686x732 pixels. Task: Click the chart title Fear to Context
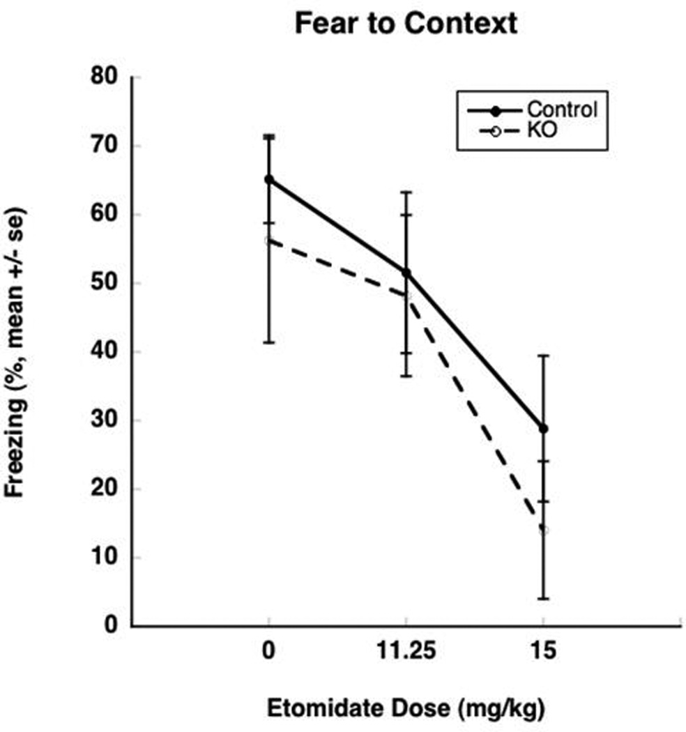coord(406,24)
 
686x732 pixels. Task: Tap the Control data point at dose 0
coord(269,179)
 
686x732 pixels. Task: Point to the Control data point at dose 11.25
coord(406,273)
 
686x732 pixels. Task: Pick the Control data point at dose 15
coord(544,428)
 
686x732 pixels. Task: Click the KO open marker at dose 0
coord(269,241)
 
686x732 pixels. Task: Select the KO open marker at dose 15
coord(544,530)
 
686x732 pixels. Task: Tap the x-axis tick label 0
coord(269,652)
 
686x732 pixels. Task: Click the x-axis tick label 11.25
coord(406,652)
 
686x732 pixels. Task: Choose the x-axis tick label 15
coord(544,652)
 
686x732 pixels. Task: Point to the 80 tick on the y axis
coord(105,77)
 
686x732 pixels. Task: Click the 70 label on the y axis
coord(105,146)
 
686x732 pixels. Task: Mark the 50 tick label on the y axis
coord(105,283)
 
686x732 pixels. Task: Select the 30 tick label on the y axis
coord(105,420)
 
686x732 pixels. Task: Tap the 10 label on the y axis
coord(105,558)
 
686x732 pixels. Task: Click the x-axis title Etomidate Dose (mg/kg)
coord(406,709)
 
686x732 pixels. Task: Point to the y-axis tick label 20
coord(105,489)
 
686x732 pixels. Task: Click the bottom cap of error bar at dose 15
coord(544,598)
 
